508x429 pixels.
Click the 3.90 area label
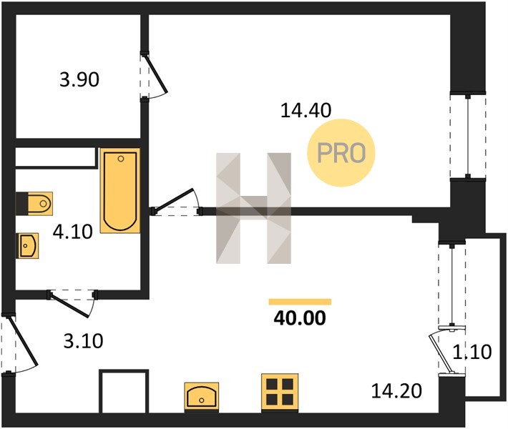pyautogui.click(x=79, y=79)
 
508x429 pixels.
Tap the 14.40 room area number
pyautogui.click(x=306, y=110)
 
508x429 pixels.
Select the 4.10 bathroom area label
pyautogui.click(x=73, y=232)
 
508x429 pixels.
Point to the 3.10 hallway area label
pyautogui.click(x=83, y=341)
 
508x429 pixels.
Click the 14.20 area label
pyautogui.click(x=396, y=391)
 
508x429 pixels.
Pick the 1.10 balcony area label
pyautogui.click(x=472, y=352)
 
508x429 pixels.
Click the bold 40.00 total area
pyautogui.click(x=300, y=318)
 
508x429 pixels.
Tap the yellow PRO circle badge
pyautogui.click(x=341, y=153)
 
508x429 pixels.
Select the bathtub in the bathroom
pyautogui.click(x=120, y=191)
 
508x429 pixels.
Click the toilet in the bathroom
pyautogui.click(x=34, y=204)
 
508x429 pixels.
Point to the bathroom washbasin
pyautogui.click(x=27, y=245)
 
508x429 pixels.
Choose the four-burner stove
pyautogui.click(x=280, y=393)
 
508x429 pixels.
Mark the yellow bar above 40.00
pyautogui.click(x=300, y=302)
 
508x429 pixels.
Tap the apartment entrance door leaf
pyautogui.click(x=24, y=342)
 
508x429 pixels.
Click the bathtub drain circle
pyautogui.click(x=121, y=159)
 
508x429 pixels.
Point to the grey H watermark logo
pyautogui.click(x=253, y=208)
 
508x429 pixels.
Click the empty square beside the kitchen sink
pyautogui.click(x=124, y=391)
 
